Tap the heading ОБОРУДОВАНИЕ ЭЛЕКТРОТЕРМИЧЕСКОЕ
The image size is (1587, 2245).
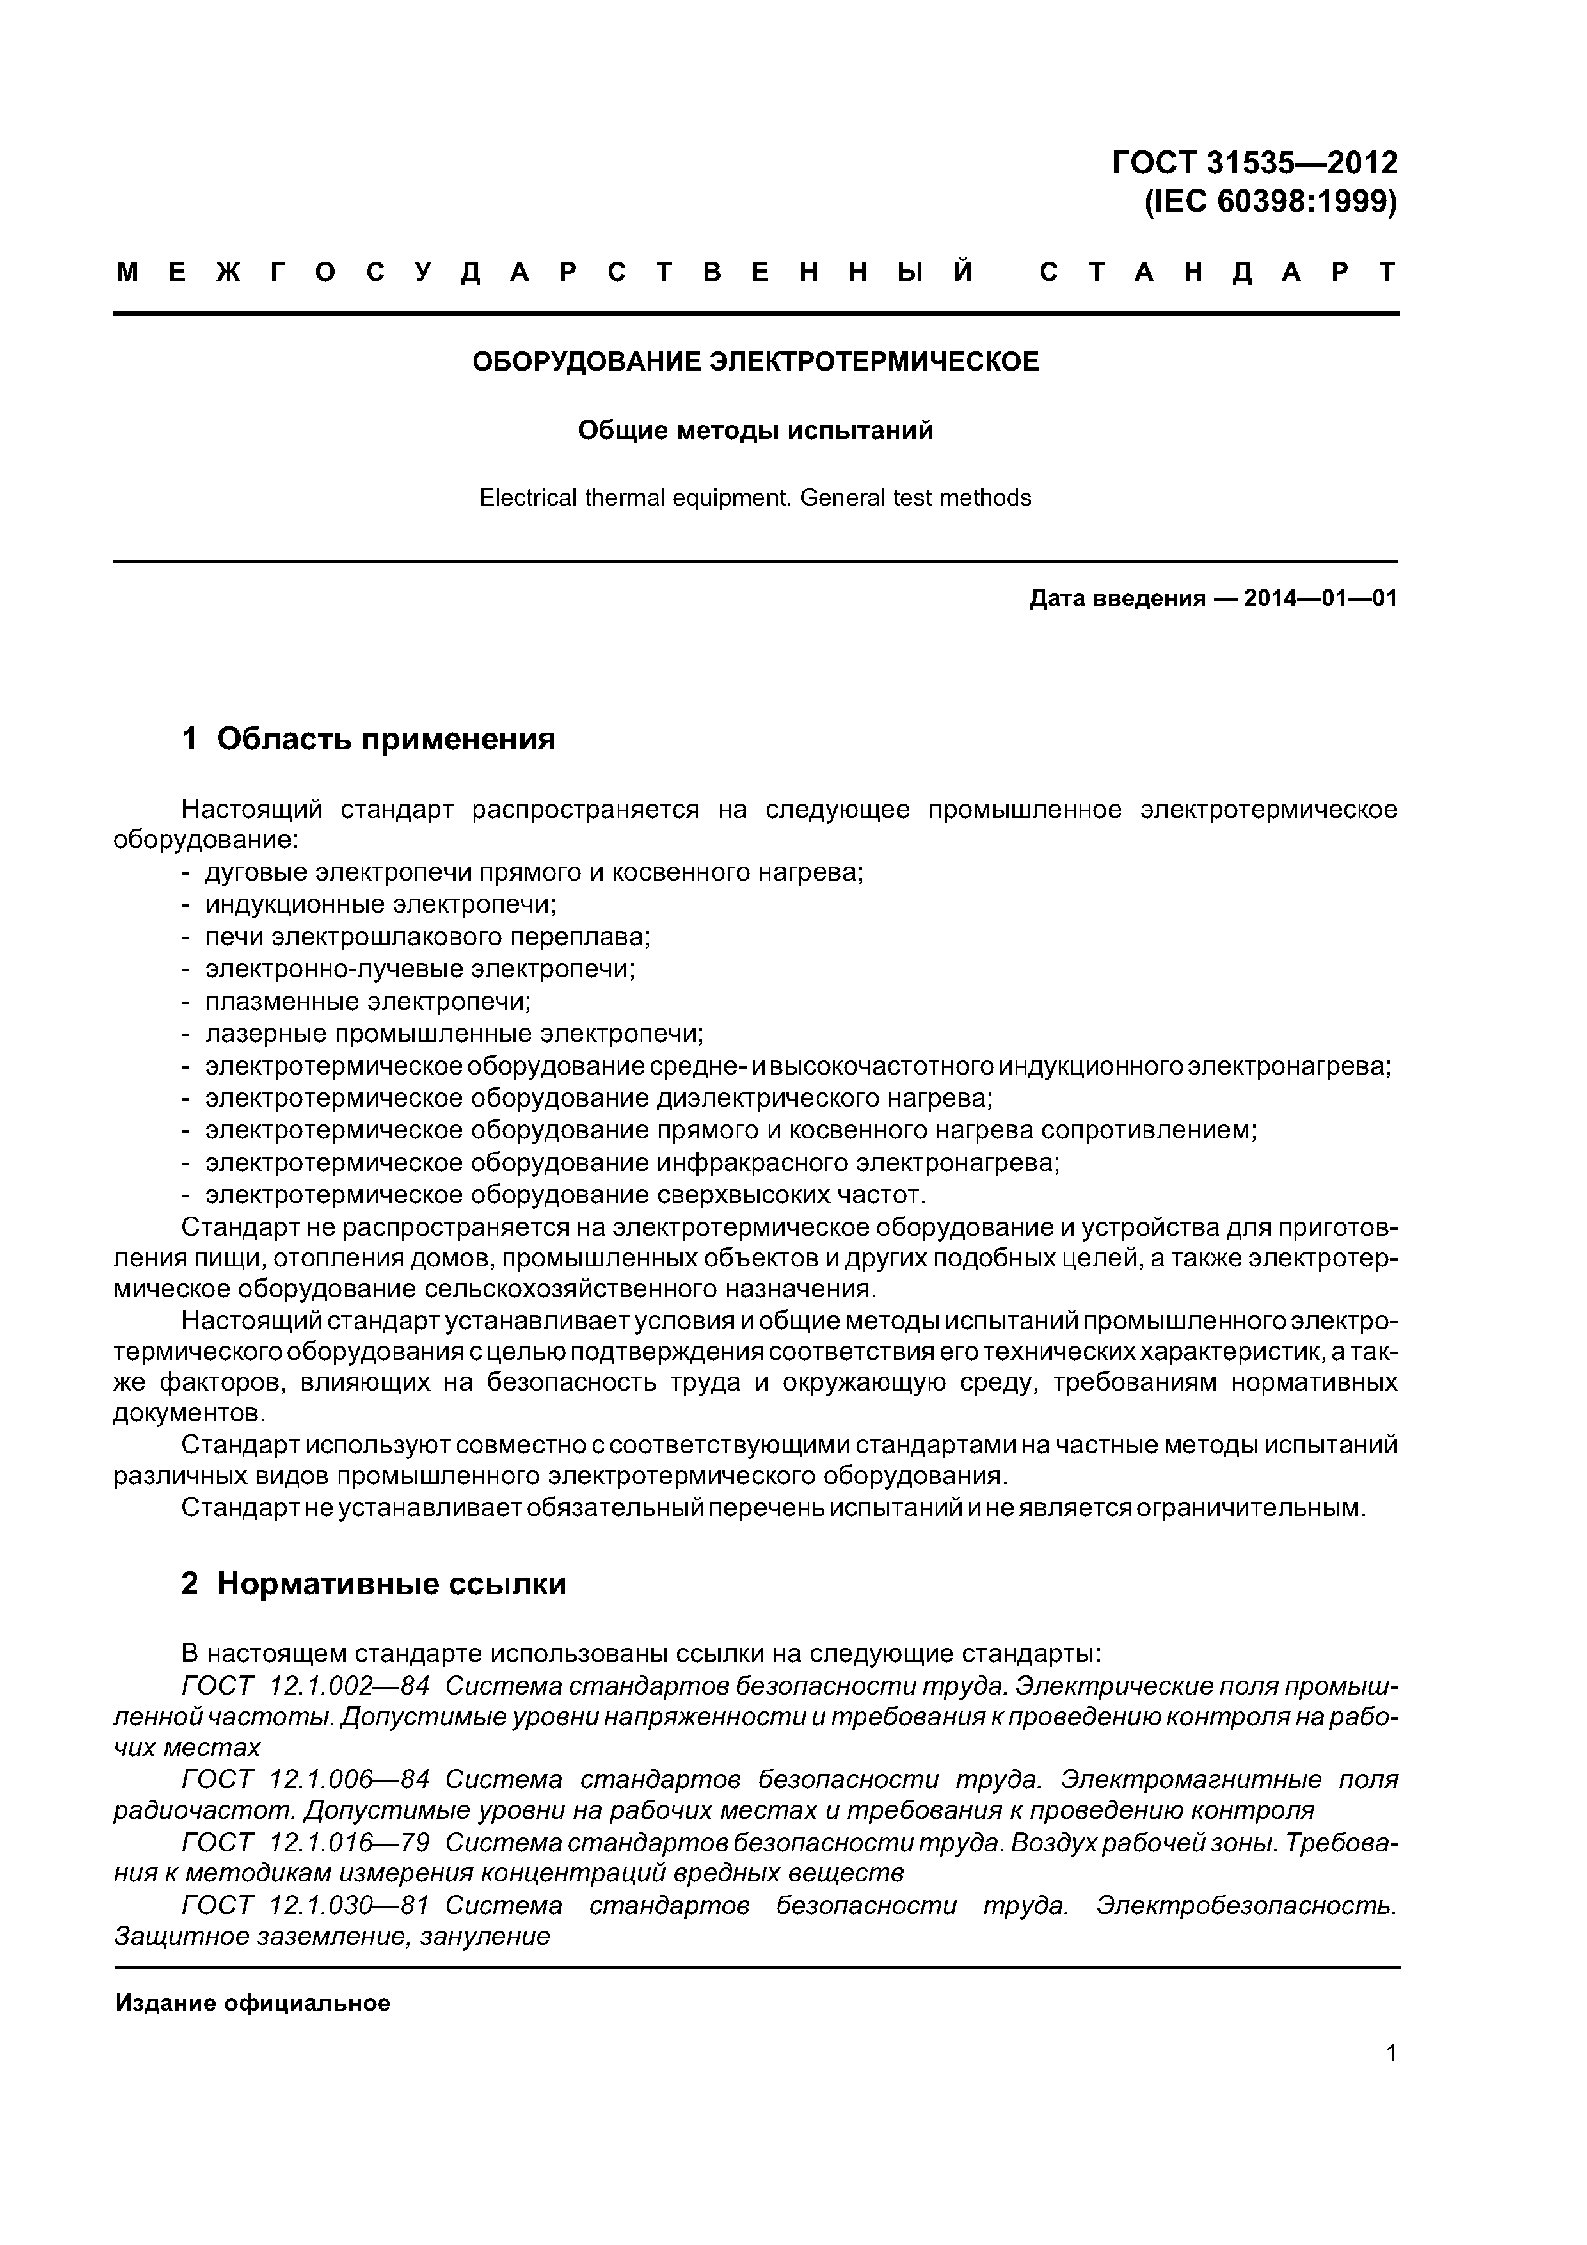point(755,362)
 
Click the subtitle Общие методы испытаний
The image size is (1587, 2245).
point(755,430)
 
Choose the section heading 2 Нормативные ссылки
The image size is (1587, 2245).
point(374,1583)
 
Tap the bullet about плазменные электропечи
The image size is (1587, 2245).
point(368,1002)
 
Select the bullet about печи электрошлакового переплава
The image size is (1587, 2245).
point(427,937)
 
